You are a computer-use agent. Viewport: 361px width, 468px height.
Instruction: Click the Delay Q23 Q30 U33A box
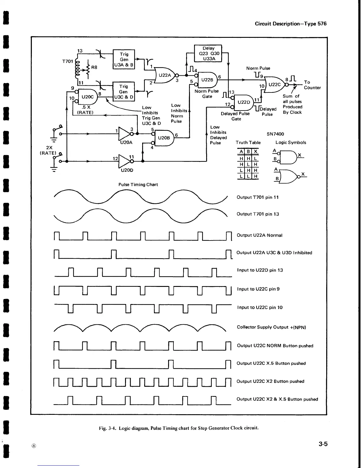(x=209, y=53)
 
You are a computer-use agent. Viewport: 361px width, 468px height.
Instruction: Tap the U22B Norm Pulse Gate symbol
(x=207, y=80)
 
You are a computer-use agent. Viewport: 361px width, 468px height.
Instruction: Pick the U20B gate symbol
(x=163, y=138)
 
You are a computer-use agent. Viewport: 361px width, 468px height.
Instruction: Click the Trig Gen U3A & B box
(x=124, y=59)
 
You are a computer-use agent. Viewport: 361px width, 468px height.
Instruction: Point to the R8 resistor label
(x=94, y=67)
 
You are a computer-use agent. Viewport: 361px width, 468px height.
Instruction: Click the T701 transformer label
(x=68, y=61)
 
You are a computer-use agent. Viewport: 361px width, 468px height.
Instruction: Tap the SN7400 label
(x=275, y=134)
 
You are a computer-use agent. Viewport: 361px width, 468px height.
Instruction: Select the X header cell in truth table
(x=255, y=152)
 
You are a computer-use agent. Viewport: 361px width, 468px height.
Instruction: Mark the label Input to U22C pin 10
(x=260, y=307)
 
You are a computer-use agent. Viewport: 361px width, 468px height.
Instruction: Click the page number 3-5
(x=323, y=444)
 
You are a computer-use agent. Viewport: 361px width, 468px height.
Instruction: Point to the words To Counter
(x=312, y=85)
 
